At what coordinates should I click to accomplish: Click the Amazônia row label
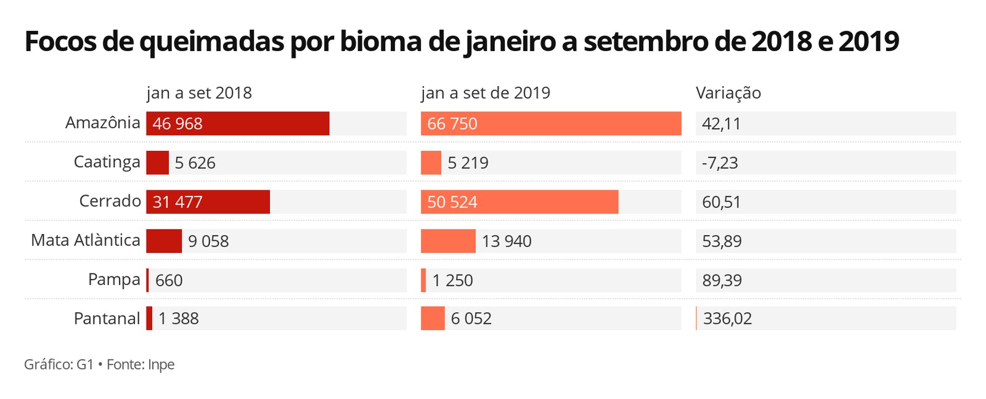click(103, 123)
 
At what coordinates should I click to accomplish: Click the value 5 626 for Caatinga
click(195, 163)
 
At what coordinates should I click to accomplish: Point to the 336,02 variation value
click(727, 319)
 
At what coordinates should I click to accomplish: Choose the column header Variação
click(728, 93)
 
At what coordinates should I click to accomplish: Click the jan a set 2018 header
click(199, 93)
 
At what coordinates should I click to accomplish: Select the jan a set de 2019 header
click(486, 93)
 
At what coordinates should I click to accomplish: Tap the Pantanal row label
click(107, 318)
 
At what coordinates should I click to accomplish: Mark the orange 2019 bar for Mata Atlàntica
click(448, 241)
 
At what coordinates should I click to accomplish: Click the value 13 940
click(507, 241)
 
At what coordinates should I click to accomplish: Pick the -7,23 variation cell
click(720, 163)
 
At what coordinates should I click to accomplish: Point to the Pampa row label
click(114, 280)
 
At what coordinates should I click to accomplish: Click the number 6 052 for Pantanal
click(471, 319)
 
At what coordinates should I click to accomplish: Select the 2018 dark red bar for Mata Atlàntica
click(164, 241)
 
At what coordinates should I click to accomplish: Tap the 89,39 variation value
click(722, 280)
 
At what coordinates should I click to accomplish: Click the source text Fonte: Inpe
click(141, 365)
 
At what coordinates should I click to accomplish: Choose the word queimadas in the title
click(212, 42)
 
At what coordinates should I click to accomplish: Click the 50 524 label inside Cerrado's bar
click(452, 202)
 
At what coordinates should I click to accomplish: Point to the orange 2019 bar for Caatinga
click(431, 163)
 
